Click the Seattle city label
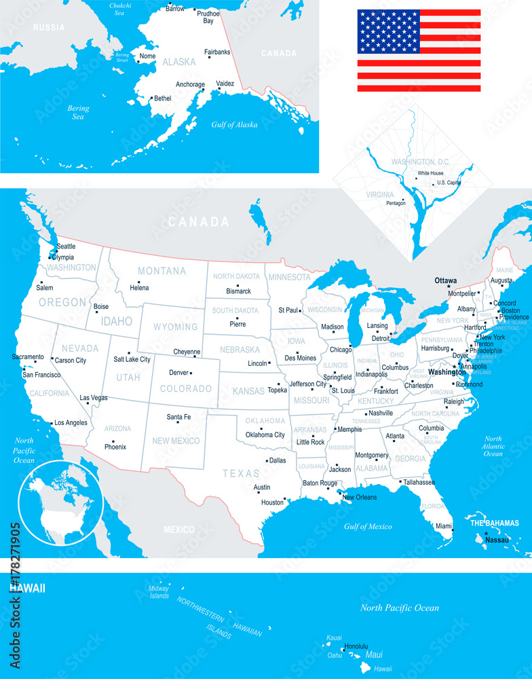click(66, 246)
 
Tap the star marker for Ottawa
click(449, 287)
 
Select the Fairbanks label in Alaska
click(217, 52)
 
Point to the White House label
click(430, 173)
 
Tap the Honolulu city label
click(356, 646)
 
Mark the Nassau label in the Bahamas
click(497, 540)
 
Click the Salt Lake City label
click(132, 359)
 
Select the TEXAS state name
click(242, 473)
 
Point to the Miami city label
click(444, 526)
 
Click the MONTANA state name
click(161, 271)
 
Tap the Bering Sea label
click(78, 112)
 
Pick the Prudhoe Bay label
click(208, 17)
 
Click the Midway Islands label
click(159, 592)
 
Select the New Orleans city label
click(359, 498)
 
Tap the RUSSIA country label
click(49, 28)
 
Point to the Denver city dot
click(191, 373)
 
